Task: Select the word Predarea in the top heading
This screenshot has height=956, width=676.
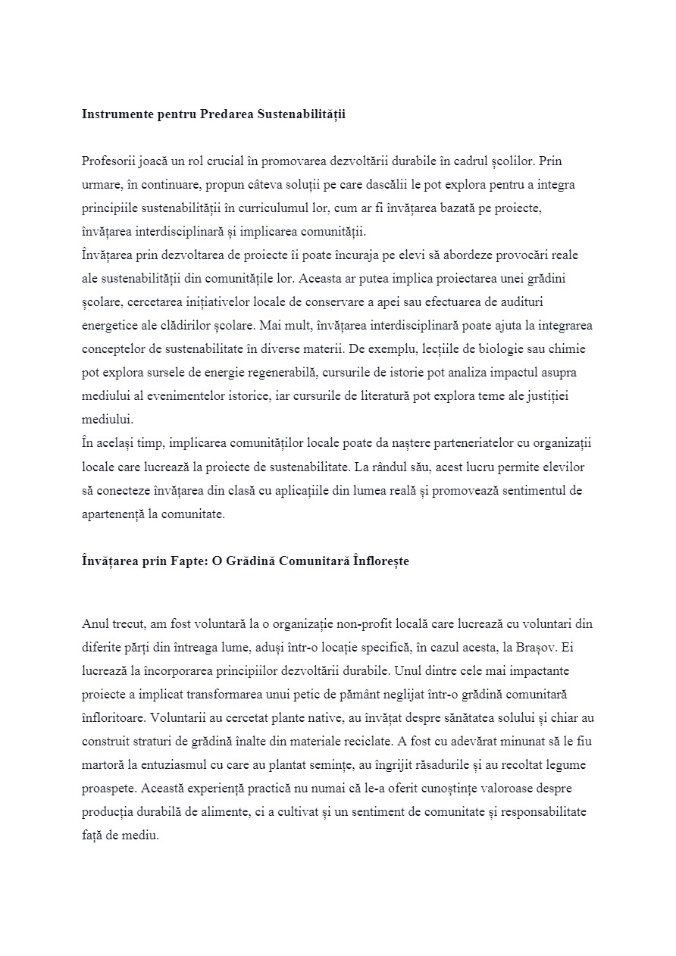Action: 225,114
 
